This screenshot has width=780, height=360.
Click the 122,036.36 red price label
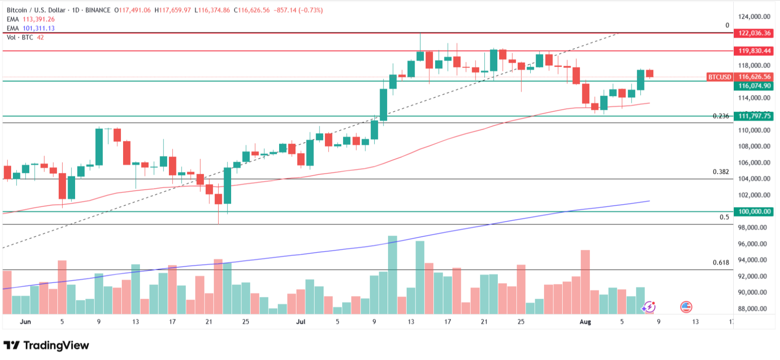[x=754, y=33]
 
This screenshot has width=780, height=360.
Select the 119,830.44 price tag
[x=754, y=51]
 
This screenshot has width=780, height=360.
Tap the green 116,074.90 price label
[x=754, y=86]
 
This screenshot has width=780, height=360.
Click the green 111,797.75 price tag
[x=754, y=116]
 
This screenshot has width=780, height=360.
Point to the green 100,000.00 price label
[x=754, y=212]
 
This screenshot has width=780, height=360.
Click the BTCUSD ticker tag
[x=720, y=77]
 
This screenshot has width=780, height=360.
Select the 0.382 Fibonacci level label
[x=721, y=172]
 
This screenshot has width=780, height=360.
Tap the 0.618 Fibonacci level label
[x=721, y=262]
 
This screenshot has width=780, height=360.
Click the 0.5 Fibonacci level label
[x=724, y=217]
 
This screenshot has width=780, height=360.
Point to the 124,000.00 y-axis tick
[x=754, y=17]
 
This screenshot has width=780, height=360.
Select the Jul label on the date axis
[x=301, y=322]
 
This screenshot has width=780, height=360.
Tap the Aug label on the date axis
[x=585, y=322]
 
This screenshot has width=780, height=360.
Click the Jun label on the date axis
[x=25, y=322]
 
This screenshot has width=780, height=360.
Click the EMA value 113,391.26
[x=39, y=19]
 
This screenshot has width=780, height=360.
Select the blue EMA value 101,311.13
[x=39, y=28]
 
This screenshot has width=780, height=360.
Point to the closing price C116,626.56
[x=252, y=10]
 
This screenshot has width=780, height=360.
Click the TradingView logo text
[x=56, y=345]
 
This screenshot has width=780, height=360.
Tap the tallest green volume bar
[x=392, y=275]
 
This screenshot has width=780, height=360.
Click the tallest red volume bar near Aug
[x=585, y=282]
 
